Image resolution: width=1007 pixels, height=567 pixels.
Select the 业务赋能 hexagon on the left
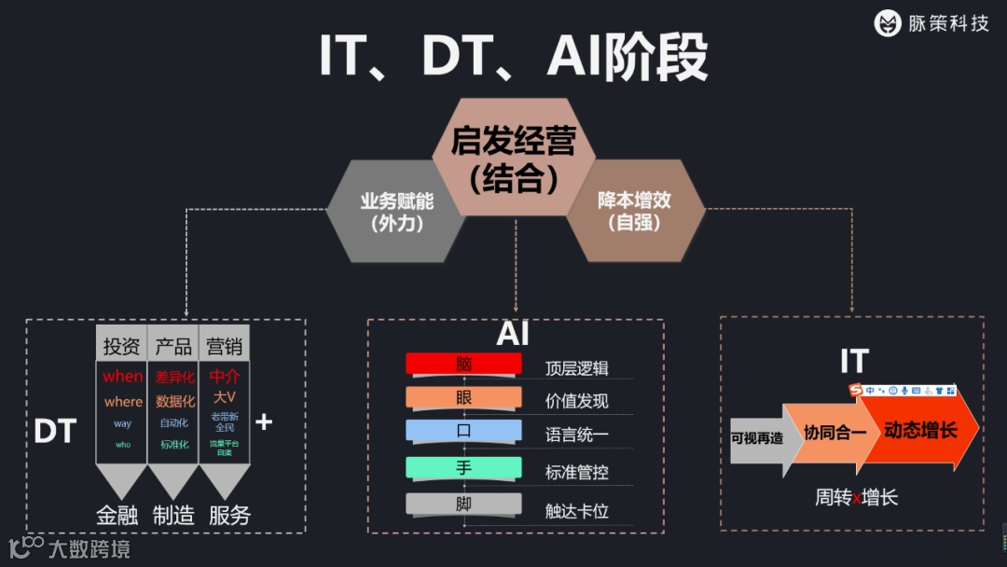point(397,211)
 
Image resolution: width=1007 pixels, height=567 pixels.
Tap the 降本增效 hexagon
point(634,211)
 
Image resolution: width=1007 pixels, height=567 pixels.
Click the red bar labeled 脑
point(463,364)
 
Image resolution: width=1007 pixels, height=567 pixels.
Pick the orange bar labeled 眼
point(463,397)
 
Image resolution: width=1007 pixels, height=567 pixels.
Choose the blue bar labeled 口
point(463,431)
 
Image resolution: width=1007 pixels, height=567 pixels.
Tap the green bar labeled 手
point(463,467)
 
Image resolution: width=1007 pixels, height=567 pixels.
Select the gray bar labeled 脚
point(463,504)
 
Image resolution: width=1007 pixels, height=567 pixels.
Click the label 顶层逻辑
point(576,368)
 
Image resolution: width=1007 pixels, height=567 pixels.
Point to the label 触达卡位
point(576,510)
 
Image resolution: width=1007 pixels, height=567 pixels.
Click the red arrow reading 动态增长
point(923,430)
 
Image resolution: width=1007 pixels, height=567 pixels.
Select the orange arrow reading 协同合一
point(833,433)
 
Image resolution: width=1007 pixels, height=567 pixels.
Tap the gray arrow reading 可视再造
point(757,438)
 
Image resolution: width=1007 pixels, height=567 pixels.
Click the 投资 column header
point(121,347)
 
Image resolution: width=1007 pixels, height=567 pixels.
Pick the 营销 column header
point(225,347)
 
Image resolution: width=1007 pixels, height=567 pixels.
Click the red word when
point(122,377)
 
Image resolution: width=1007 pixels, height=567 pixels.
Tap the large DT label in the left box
point(55,431)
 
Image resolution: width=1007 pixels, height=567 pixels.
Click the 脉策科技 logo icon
point(888,23)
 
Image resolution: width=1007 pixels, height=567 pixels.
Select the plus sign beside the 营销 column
point(264,422)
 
